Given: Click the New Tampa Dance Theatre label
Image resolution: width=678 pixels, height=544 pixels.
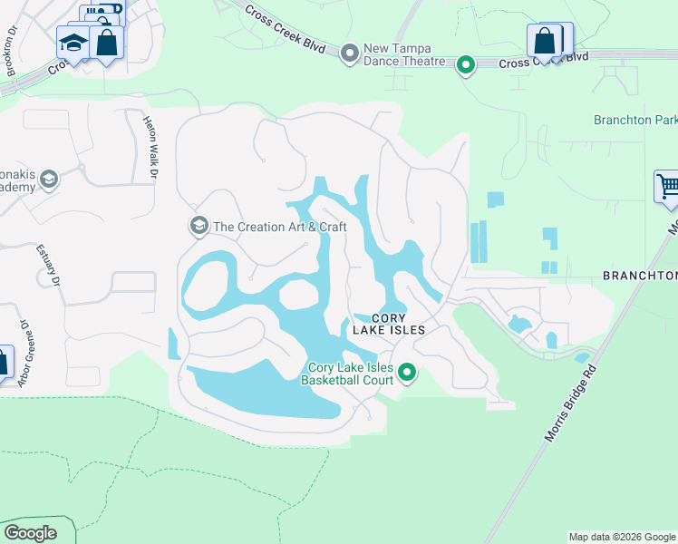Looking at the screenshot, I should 404,54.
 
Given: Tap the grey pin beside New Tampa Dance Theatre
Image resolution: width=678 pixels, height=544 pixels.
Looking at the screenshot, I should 349,54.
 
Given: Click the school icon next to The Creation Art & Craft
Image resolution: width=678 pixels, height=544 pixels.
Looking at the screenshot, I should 197,225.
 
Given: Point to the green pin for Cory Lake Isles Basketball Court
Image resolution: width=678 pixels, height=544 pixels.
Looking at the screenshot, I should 408,372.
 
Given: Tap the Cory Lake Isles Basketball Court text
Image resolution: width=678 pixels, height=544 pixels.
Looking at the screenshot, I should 351,374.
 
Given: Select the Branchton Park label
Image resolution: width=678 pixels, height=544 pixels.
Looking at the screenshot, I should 635,120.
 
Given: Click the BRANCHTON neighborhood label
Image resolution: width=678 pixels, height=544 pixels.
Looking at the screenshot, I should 640,276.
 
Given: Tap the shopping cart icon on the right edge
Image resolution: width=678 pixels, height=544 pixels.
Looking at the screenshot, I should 668,187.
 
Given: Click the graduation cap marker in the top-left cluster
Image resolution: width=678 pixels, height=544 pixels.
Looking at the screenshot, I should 73,42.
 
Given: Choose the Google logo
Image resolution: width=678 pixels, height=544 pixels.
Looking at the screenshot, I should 30,533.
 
